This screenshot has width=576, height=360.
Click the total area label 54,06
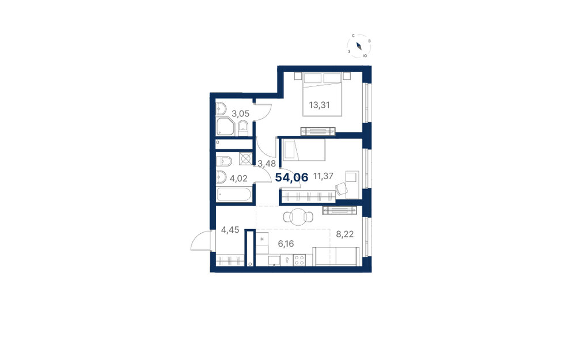pyautogui.click(x=291, y=178)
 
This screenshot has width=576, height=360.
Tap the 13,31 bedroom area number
pyautogui.click(x=319, y=105)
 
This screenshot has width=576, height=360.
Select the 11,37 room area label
pyautogui.click(x=323, y=176)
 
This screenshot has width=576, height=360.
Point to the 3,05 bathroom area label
pyautogui.click(x=240, y=113)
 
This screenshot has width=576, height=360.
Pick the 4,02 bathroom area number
pyautogui.click(x=238, y=179)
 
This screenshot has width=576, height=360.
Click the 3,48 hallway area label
pyautogui.click(x=266, y=164)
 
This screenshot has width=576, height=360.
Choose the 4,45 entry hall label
pyautogui.click(x=230, y=230)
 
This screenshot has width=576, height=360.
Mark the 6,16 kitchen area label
pyautogui.click(x=286, y=244)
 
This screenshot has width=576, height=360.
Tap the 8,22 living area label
pyautogui.click(x=345, y=234)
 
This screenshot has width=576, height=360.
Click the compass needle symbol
pyautogui.click(x=359, y=46)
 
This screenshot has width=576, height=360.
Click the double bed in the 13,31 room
pyautogui.click(x=323, y=94)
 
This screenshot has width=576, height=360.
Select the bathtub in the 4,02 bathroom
pyautogui.click(x=234, y=194)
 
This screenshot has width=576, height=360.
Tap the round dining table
pyautogui.click(x=298, y=217)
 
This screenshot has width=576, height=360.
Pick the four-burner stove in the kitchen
pyautogui.click(x=299, y=260)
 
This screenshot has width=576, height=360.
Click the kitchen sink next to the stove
pyautogui.click(x=274, y=261)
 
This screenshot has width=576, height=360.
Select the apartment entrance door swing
pyautogui.click(x=200, y=241)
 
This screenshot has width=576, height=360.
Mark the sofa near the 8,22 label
pyautogui.click(x=336, y=256)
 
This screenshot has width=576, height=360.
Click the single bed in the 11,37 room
pyautogui.click(x=304, y=150)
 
